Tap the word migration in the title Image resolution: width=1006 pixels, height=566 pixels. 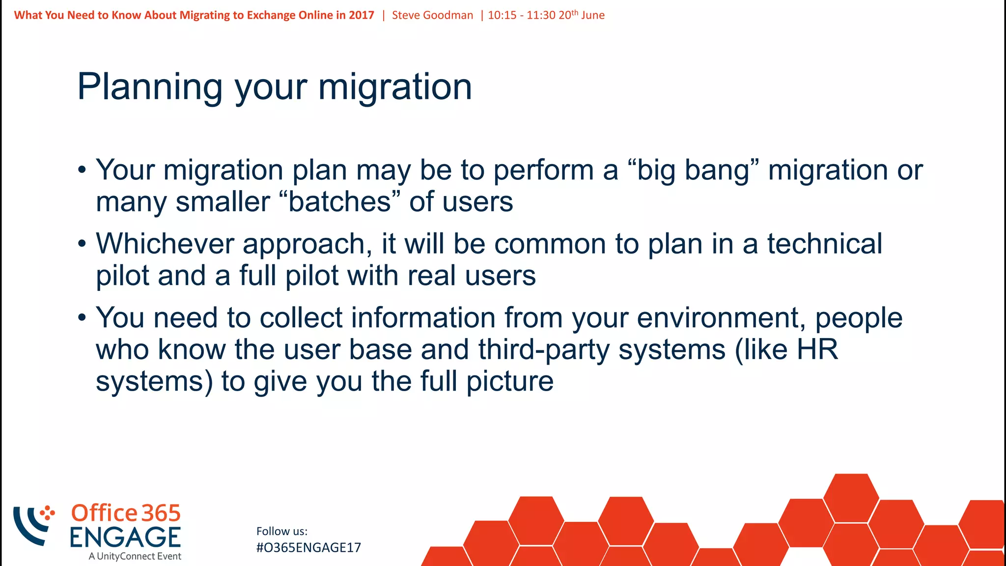[395, 87]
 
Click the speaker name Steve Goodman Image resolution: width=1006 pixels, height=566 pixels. [432, 15]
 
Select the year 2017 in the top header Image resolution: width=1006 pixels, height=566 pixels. [361, 15]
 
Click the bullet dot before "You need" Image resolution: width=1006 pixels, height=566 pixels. [82, 318]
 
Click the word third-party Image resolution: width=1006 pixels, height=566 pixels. [543, 350]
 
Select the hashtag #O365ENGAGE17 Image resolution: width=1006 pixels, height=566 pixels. [308, 548]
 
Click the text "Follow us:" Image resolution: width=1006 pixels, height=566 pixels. [281, 531]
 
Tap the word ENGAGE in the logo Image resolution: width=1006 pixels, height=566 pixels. [125, 537]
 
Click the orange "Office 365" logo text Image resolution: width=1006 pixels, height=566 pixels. [126, 513]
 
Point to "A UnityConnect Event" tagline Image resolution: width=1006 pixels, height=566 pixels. [135, 556]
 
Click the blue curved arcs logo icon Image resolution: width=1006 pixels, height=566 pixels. [30, 526]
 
